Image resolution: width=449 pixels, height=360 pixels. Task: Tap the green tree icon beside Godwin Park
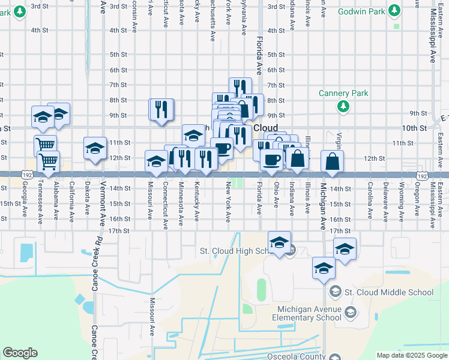pyautogui.click(x=394, y=11)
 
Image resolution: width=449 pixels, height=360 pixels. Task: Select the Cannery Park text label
pyautogui.click(x=343, y=93)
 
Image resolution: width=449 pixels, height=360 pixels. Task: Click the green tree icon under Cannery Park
pyautogui.click(x=343, y=106)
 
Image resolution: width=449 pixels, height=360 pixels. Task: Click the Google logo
pyautogui.click(x=20, y=353)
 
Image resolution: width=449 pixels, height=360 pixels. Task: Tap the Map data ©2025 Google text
pyautogui.click(x=411, y=355)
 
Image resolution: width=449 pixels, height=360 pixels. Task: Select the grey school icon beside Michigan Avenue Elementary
pyautogui.click(x=351, y=311)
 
